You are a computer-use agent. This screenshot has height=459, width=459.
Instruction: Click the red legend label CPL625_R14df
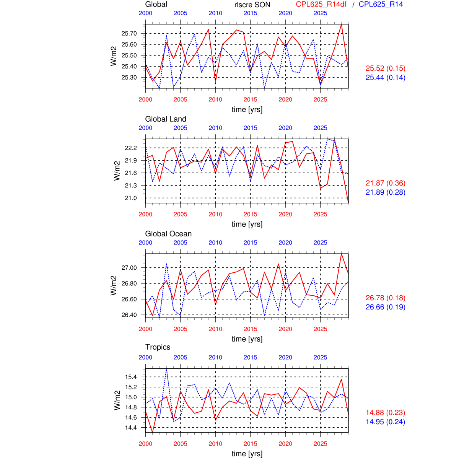[321, 5]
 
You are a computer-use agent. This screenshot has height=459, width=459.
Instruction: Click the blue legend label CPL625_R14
[381, 5]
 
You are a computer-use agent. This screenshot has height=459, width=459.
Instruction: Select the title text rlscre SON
[252, 5]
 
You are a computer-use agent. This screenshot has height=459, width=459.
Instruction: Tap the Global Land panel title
[166, 119]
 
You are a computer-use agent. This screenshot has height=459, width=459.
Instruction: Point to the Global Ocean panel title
[168, 234]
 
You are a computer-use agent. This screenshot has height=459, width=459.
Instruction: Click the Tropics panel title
[158, 347]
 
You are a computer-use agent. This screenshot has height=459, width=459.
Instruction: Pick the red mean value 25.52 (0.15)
[385, 68]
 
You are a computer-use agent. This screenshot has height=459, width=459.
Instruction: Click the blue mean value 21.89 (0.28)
[385, 192]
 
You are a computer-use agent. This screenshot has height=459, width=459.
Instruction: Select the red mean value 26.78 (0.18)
[385, 298]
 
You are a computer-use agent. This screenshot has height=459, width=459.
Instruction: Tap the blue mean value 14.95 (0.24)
[385, 422]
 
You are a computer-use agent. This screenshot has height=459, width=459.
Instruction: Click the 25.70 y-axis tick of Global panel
[129, 34]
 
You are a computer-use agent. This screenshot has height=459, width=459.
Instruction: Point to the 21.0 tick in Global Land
[130, 198]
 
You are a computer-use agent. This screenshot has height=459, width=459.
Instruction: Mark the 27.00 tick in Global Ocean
[129, 268]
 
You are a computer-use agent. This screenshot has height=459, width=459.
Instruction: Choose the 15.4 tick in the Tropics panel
[130, 377]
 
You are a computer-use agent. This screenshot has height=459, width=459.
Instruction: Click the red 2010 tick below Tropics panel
[215, 444]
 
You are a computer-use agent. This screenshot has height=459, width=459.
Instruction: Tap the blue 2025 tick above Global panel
[320, 13]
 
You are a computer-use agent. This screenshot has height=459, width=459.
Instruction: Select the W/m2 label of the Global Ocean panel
[114, 285]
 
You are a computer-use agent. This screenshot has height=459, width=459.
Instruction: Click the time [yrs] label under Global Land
[247, 224]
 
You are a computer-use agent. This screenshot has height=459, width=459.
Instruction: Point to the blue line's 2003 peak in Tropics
[166, 368]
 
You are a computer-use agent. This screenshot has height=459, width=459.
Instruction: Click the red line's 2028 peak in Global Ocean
[341, 254]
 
